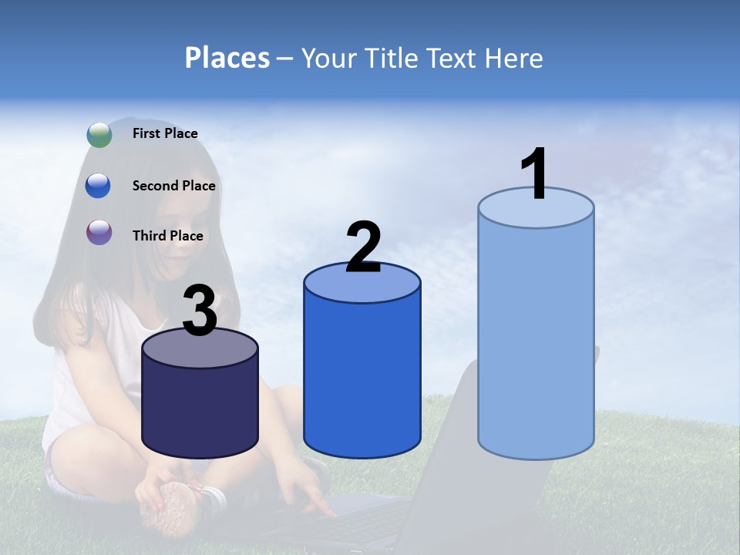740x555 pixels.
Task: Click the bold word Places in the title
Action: (227, 58)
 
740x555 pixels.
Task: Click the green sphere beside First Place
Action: (99, 134)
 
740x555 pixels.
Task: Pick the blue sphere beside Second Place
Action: (99, 186)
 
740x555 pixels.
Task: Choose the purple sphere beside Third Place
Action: (99, 232)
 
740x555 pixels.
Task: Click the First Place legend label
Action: (165, 133)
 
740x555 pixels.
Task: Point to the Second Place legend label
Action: (173, 186)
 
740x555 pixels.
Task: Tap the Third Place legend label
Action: (167, 236)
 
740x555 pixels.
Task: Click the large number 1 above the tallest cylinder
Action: (534, 174)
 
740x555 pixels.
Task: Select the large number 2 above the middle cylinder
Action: (363, 247)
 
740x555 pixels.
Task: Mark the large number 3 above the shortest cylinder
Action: (200, 311)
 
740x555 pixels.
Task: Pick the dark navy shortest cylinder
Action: (200, 409)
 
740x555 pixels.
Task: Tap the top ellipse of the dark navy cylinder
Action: (200, 348)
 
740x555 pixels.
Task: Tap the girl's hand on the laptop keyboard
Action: (316, 501)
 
